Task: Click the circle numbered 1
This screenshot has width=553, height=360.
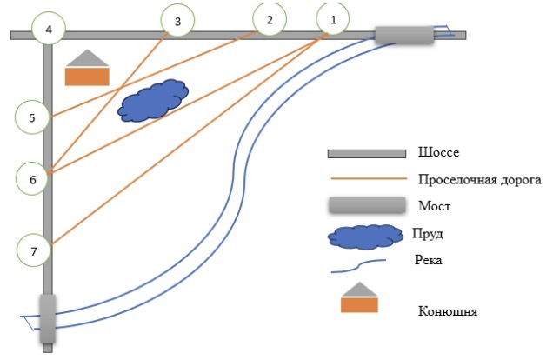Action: (x=333, y=18)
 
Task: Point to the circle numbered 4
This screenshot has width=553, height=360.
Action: (x=49, y=30)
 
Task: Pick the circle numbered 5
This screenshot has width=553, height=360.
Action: (x=32, y=117)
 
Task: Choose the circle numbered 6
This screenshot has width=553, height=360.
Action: (x=33, y=180)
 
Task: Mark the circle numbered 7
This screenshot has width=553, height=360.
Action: (x=34, y=251)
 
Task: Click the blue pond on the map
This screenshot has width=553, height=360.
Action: (x=153, y=102)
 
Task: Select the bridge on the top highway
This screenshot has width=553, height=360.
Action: (x=404, y=34)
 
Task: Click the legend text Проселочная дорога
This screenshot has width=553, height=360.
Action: (x=480, y=180)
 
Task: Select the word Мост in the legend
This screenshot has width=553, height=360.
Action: (x=436, y=208)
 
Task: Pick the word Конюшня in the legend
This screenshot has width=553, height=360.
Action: (x=448, y=310)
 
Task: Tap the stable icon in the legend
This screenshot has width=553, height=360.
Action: (x=360, y=298)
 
